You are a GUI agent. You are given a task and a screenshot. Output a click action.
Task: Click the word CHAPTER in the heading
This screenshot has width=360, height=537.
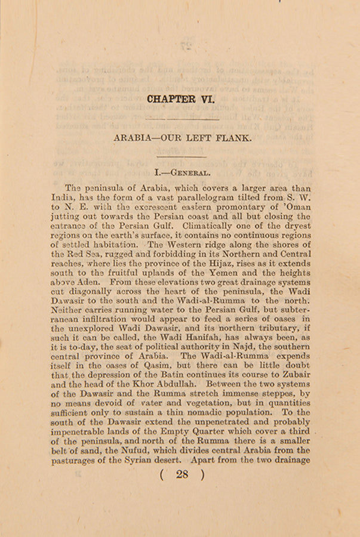coord(171,99)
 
